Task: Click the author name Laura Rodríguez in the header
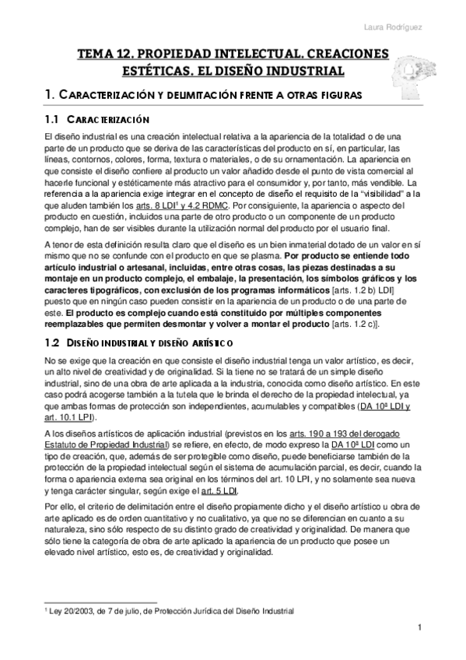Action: (x=416, y=30)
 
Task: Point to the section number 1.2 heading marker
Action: (x=52, y=342)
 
